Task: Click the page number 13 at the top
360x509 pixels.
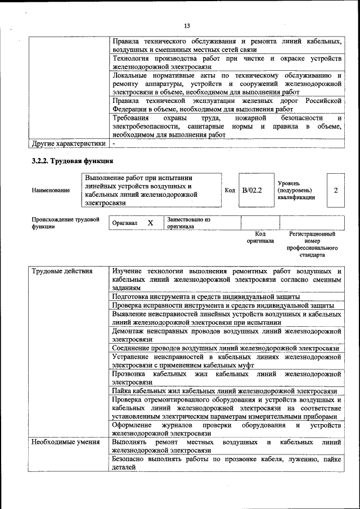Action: [187, 25]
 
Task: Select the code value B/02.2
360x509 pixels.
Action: [252, 191]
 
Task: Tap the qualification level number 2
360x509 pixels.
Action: [336, 191]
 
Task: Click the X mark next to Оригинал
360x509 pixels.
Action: [150, 223]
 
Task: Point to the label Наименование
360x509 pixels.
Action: [51, 191]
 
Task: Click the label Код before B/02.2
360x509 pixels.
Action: [229, 191]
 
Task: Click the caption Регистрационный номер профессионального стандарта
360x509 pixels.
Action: [312, 244]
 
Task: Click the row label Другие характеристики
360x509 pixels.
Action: [68, 143]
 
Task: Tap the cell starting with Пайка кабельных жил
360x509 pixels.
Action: [224, 391]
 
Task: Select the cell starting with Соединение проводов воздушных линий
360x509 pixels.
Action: [225, 349]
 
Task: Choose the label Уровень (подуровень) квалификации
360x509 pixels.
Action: [296, 191]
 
